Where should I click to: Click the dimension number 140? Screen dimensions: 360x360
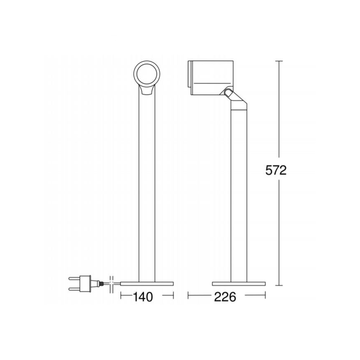[144, 297]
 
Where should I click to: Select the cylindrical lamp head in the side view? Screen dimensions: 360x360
[211, 78]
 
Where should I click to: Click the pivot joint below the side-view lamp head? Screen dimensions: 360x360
[227, 93]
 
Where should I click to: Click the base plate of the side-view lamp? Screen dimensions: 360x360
[238, 283]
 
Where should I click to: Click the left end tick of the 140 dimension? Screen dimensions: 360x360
[121, 295]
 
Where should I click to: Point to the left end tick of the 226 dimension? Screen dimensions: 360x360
[188, 295]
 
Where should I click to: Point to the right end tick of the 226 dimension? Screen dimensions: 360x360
[264, 295]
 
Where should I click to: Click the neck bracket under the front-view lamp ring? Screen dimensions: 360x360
[147, 90]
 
